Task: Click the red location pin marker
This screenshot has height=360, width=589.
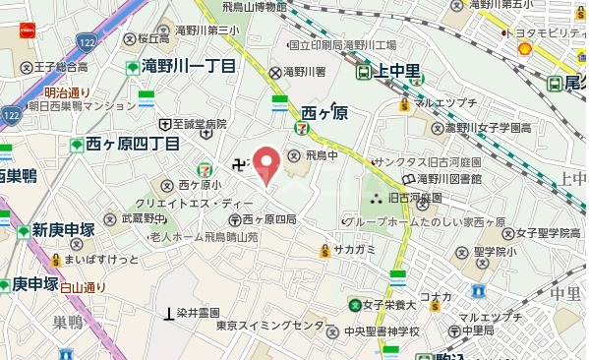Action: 267,163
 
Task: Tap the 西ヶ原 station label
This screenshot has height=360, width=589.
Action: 325,112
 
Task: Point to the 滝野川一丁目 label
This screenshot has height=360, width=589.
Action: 188,67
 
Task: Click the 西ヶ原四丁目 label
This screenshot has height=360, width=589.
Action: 132,144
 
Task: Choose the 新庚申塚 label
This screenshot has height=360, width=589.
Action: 61,230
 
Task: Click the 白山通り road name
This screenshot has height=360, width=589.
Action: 82,287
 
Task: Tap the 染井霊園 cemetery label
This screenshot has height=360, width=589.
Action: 198,313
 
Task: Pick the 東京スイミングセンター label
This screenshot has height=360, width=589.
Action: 270,326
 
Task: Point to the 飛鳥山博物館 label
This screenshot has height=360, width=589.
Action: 254,7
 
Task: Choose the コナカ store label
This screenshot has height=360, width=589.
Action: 436,296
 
